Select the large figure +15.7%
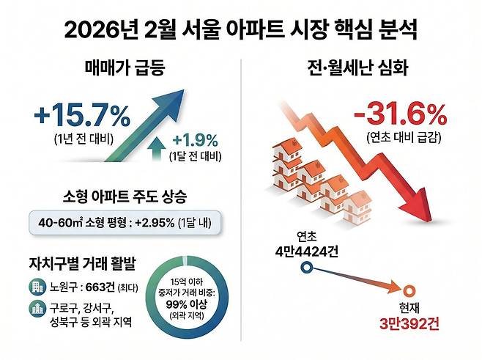pos(81,116)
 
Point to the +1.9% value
pos(197,139)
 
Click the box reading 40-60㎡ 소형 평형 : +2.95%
pos(122,221)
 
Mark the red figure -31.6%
pos(399,115)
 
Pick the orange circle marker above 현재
pos(409,289)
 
